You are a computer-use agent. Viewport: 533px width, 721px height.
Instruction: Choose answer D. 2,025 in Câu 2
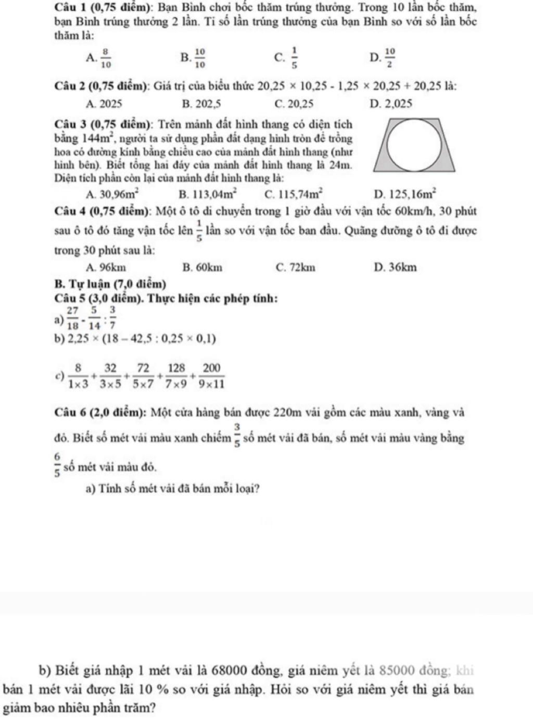390,104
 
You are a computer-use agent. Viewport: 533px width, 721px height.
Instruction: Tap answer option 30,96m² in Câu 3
113,194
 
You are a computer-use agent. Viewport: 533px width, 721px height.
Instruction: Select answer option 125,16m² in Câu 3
405,194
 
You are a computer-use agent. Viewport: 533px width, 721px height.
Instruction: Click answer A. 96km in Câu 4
107,268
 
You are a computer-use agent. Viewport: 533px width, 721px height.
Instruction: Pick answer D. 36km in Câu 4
395,268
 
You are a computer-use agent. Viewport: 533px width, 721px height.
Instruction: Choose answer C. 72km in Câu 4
295,268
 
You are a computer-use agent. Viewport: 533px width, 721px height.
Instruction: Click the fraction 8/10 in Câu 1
106,58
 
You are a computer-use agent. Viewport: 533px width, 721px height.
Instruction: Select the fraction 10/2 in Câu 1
390,58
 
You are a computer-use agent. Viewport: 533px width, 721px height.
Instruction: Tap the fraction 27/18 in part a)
72,317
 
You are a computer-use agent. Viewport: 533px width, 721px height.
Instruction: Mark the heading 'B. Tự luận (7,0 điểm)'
110,284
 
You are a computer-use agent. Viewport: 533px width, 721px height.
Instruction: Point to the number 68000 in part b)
252,669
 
